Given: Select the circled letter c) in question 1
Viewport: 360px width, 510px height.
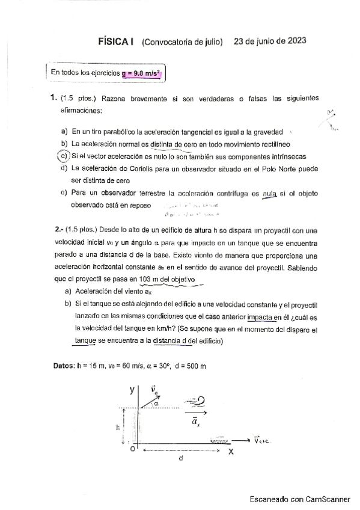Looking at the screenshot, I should pyautogui.click(x=62, y=156).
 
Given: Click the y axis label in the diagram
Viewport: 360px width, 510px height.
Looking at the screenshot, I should pyautogui.click(x=132, y=390).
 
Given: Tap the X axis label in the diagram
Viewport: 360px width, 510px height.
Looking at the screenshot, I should pyautogui.click(x=230, y=452).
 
